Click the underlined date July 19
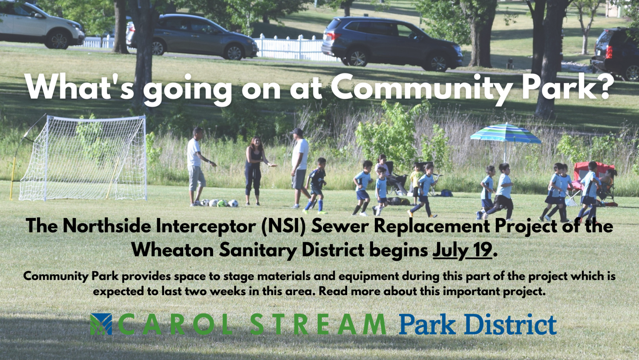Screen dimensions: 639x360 pos(462,250)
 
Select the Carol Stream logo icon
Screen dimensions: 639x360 pos(101,324)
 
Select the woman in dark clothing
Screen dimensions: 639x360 pos(254,171)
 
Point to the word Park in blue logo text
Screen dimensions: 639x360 pos(427,324)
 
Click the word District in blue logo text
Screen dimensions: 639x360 pos(511,324)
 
